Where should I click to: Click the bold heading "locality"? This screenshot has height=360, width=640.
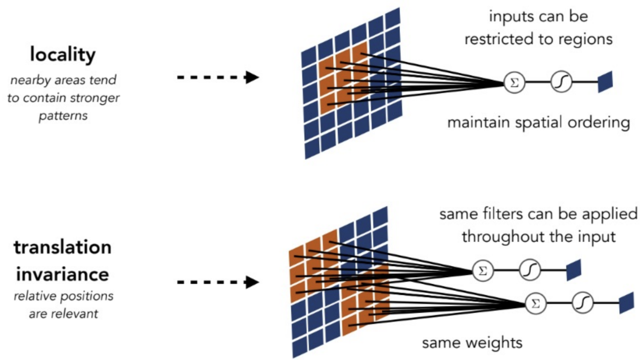point(62,55)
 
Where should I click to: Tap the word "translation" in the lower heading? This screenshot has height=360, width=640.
point(62,248)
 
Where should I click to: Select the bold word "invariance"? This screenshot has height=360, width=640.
point(62,274)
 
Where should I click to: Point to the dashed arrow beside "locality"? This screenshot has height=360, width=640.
point(217,77)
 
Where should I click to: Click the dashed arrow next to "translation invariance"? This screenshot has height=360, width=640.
point(217,282)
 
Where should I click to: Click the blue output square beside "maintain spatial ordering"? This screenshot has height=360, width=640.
point(605,82)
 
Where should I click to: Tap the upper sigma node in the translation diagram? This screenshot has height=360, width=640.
point(482,271)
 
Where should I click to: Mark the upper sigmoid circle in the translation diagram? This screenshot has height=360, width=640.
point(530,271)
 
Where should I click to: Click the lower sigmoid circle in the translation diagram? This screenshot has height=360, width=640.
point(582,303)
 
